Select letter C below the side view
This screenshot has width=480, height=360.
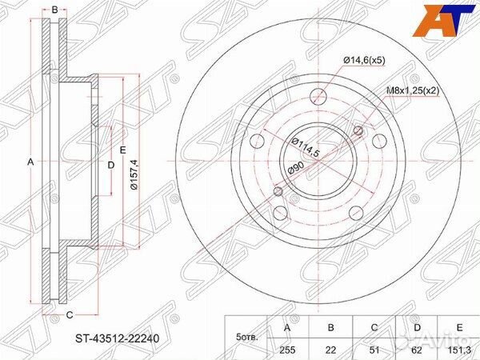pos(70,314)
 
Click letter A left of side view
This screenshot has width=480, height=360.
pos(30,162)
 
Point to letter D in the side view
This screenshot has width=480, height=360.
pos(111,165)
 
